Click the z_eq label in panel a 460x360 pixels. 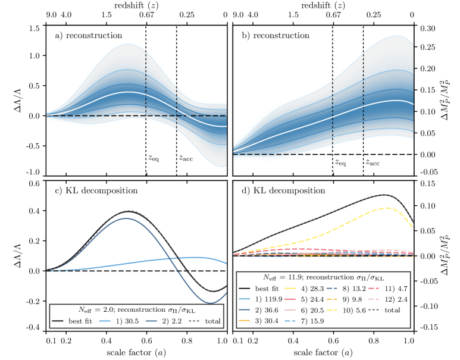pos(154,159)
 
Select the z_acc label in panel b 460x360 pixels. pos(373,161)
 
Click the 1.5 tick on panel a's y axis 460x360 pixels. pos(34,28)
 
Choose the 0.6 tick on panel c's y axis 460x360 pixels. pos(34,183)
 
